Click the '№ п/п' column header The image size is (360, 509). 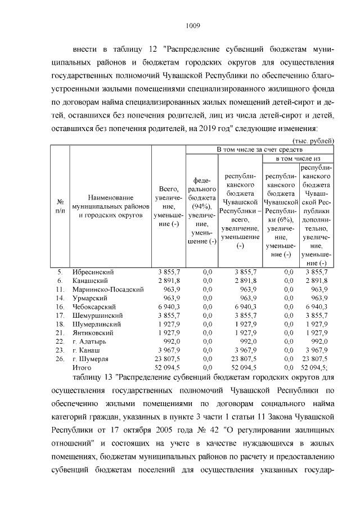point(60,206)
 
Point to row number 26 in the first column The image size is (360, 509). point(60,358)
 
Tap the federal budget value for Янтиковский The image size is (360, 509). point(207,332)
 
